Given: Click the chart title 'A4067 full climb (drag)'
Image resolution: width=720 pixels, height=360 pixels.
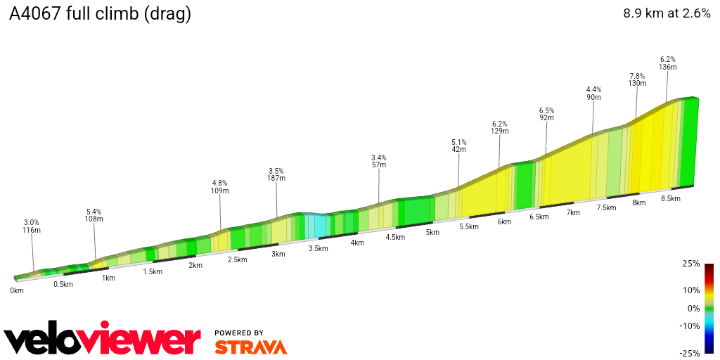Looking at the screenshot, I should [100, 14].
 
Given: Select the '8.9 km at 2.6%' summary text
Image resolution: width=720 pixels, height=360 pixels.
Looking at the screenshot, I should [667, 13].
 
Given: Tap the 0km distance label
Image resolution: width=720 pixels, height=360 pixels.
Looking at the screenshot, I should [17, 290].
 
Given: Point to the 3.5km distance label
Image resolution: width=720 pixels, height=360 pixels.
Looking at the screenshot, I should [319, 248].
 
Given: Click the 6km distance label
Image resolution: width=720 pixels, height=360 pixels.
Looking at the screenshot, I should [503, 221].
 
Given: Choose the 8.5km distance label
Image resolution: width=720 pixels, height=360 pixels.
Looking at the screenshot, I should [671, 198].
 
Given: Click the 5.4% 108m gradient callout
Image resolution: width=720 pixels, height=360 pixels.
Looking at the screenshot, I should [94, 215].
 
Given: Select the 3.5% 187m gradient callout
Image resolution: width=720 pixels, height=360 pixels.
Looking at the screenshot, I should [276, 174].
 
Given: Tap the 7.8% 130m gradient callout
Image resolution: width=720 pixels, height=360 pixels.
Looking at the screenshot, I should [637, 79].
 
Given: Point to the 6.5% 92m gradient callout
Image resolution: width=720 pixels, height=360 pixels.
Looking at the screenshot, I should [546, 114].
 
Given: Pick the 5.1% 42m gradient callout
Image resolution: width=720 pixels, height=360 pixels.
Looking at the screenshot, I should [458, 146].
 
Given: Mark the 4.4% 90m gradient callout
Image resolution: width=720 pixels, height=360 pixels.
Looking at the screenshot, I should [593, 93].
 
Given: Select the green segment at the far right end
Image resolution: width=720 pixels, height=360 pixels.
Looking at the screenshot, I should [690, 141].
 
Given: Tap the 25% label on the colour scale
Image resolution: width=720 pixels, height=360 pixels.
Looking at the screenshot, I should [691, 264].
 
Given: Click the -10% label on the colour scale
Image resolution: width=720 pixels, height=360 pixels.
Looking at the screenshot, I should [690, 326].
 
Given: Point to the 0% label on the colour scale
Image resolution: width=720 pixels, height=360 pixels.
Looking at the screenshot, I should [693, 308].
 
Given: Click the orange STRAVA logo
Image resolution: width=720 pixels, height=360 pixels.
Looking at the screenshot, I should [250, 347].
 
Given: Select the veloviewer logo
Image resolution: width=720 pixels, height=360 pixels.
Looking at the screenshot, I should [102, 340].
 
